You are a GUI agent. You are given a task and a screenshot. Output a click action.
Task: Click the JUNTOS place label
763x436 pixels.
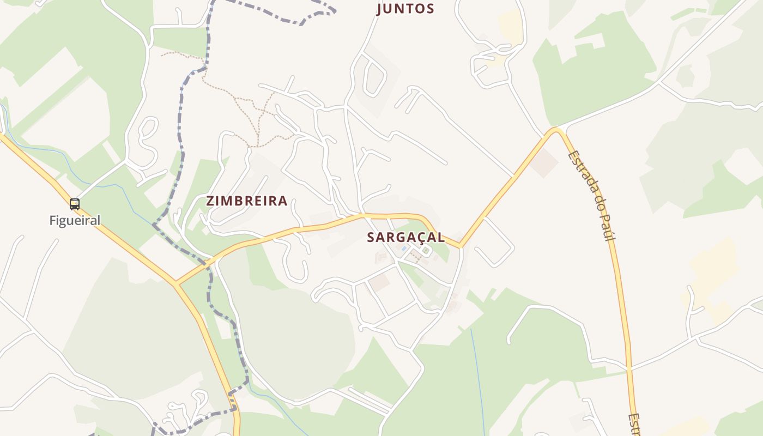point(406,9)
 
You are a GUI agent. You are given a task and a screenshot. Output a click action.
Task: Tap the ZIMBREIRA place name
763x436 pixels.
point(247,201)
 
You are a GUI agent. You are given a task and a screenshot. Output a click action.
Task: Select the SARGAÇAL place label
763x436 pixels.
point(406,238)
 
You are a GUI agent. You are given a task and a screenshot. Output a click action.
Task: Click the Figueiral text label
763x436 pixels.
point(75,221)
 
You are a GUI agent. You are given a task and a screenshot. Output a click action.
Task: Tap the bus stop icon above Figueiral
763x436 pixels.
point(75,204)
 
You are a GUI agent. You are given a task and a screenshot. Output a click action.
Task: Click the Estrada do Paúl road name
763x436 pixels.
point(591,195)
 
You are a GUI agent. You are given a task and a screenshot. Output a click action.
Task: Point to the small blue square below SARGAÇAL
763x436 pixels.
point(403,249)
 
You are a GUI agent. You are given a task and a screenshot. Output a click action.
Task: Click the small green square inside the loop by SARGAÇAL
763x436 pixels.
point(426,251)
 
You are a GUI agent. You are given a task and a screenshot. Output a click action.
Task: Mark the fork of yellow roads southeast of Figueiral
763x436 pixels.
point(176,283)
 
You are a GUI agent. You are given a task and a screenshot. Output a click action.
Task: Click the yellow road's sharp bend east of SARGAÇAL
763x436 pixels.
point(461,246)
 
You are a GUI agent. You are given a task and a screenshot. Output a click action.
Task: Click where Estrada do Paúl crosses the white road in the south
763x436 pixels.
point(629,369)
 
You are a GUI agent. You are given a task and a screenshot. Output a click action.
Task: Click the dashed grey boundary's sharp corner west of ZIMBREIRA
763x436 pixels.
point(154,224)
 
